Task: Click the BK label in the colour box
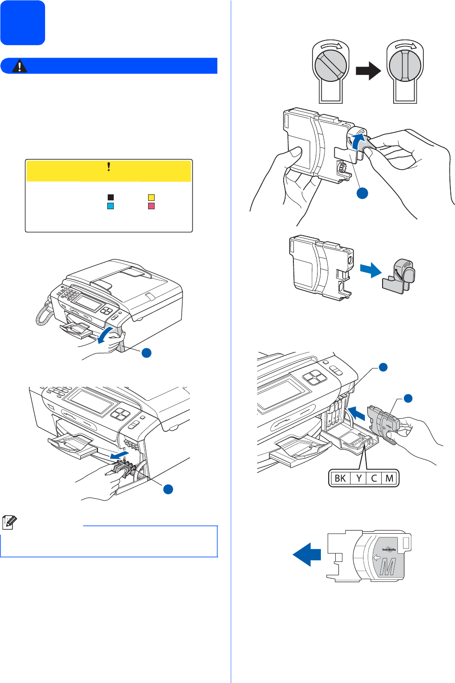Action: (340, 478)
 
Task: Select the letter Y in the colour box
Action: (359, 478)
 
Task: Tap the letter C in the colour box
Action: (374, 478)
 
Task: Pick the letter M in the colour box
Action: (390, 478)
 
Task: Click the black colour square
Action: (110, 197)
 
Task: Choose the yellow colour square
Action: (151, 197)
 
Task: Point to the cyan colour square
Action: (110, 206)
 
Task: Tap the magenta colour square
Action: (151, 206)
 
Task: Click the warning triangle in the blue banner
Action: (19, 66)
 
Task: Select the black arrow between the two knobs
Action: (368, 71)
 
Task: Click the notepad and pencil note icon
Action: (9, 523)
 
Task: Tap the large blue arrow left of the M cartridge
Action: (307, 554)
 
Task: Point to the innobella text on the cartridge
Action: (389, 550)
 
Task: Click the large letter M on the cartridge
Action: (388, 566)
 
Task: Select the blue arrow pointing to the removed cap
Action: (370, 270)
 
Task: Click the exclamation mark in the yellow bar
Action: (109, 167)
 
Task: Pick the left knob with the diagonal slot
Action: (331, 66)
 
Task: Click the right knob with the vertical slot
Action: (405, 66)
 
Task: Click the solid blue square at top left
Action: (23, 23)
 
